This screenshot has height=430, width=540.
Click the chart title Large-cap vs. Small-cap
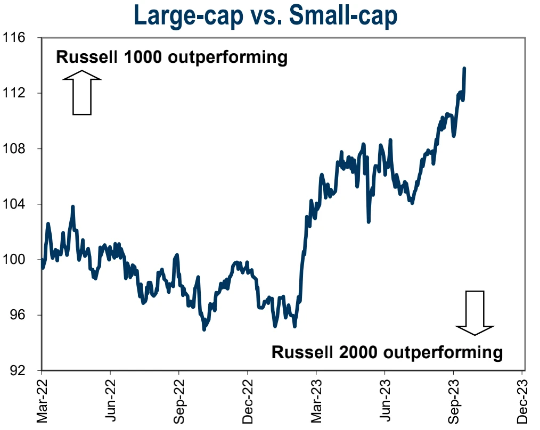click(x=266, y=15)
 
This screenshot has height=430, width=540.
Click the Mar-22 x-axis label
click(x=42, y=400)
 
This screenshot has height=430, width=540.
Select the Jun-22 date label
click(x=111, y=400)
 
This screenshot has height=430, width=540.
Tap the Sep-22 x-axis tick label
click(x=179, y=400)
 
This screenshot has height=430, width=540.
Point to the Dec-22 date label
click(x=248, y=400)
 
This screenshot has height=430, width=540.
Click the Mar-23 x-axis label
click(x=316, y=400)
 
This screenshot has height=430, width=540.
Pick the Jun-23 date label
click(x=385, y=400)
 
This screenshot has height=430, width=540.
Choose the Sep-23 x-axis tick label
click(x=453, y=400)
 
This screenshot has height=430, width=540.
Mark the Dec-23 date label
click(x=522, y=400)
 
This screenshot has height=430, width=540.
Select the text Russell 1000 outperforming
click(x=172, y=57)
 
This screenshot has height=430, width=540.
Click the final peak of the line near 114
click(x=464, y=69)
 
